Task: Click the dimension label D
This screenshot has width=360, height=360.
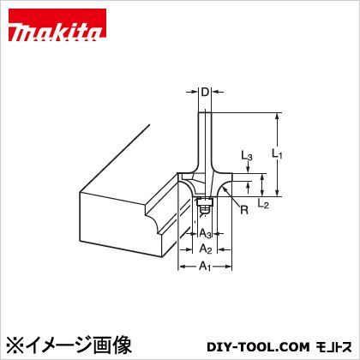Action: pyautogui.click(x=206, y=90)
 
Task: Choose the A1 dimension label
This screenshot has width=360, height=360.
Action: pyautogui.click(x=206, y=266)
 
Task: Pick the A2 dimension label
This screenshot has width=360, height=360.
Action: pyautogui.click(x=206, y=248)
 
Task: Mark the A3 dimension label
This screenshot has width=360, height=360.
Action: pyautogui.click(x=206, y=231)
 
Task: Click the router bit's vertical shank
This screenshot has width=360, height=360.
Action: pyautogui.click(x=206, y=137)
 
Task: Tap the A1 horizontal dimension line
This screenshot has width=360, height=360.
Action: pyautogui.click(x=206, y=275)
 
